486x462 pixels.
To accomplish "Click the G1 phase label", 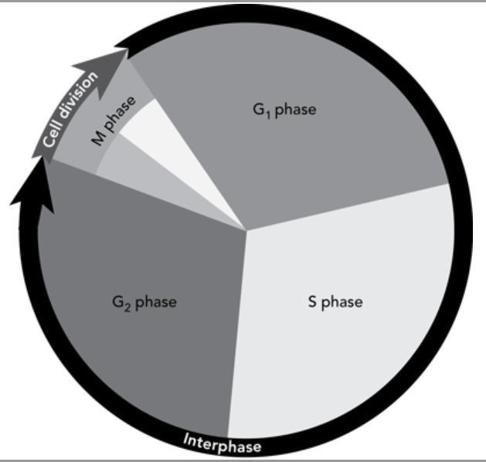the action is point(284,110).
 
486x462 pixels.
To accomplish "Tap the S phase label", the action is point(335,302).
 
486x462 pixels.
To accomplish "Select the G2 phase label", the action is point(144,303).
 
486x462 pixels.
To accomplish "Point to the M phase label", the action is point(114,121).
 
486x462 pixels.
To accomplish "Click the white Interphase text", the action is point(223,443).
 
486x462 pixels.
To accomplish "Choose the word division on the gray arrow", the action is point(78,95).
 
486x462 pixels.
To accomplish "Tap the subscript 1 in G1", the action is point(268,115).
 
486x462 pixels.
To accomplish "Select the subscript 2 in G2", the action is point(127,308).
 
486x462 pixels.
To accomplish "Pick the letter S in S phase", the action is point(312,301).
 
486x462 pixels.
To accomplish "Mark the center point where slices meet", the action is point(246,230).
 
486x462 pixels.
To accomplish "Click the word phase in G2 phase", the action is point(156,303).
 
